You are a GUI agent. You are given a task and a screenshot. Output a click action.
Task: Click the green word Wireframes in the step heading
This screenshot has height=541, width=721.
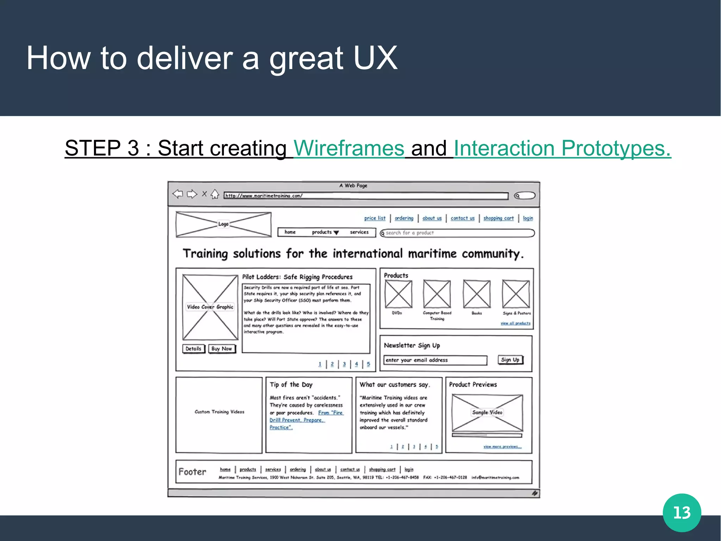[349, 148]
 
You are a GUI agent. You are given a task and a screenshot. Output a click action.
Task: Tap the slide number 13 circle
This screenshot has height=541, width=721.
[682, 512]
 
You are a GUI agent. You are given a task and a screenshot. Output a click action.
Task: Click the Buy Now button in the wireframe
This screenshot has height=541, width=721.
[222, 349]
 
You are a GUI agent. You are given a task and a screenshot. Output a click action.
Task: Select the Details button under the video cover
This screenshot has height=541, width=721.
[194, 349]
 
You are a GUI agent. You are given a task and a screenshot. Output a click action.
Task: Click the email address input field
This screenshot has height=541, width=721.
[435, 360]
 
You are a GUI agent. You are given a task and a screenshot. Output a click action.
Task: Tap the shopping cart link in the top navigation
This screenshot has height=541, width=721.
[499, 218]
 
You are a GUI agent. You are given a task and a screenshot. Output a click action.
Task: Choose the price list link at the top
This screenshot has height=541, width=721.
[375, 218]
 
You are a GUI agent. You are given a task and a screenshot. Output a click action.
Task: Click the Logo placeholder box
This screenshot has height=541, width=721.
[224, 224]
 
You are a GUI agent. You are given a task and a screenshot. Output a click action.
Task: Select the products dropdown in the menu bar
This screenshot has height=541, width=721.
[325, 232]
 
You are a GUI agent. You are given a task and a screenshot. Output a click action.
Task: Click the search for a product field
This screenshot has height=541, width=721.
[458, 233]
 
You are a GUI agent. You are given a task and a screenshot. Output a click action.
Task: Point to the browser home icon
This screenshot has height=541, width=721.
[215, 194]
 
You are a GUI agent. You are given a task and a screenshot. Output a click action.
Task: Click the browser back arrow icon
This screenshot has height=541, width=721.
[178, 194]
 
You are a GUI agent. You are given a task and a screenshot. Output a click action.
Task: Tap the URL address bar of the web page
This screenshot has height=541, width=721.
[366, 196]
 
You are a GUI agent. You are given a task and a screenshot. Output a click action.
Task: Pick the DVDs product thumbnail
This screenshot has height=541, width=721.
[398, 294]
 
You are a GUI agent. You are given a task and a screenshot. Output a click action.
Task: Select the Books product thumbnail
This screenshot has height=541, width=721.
[477, 294]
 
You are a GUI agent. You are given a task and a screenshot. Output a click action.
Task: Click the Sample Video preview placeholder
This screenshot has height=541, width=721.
[487, 413]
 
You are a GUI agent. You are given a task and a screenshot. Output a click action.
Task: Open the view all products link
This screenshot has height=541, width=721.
[515, 323]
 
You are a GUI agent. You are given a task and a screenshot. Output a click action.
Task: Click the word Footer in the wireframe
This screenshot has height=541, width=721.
[192, 472]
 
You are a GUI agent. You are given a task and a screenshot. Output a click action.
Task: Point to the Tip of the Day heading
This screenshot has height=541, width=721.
[291, 385]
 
